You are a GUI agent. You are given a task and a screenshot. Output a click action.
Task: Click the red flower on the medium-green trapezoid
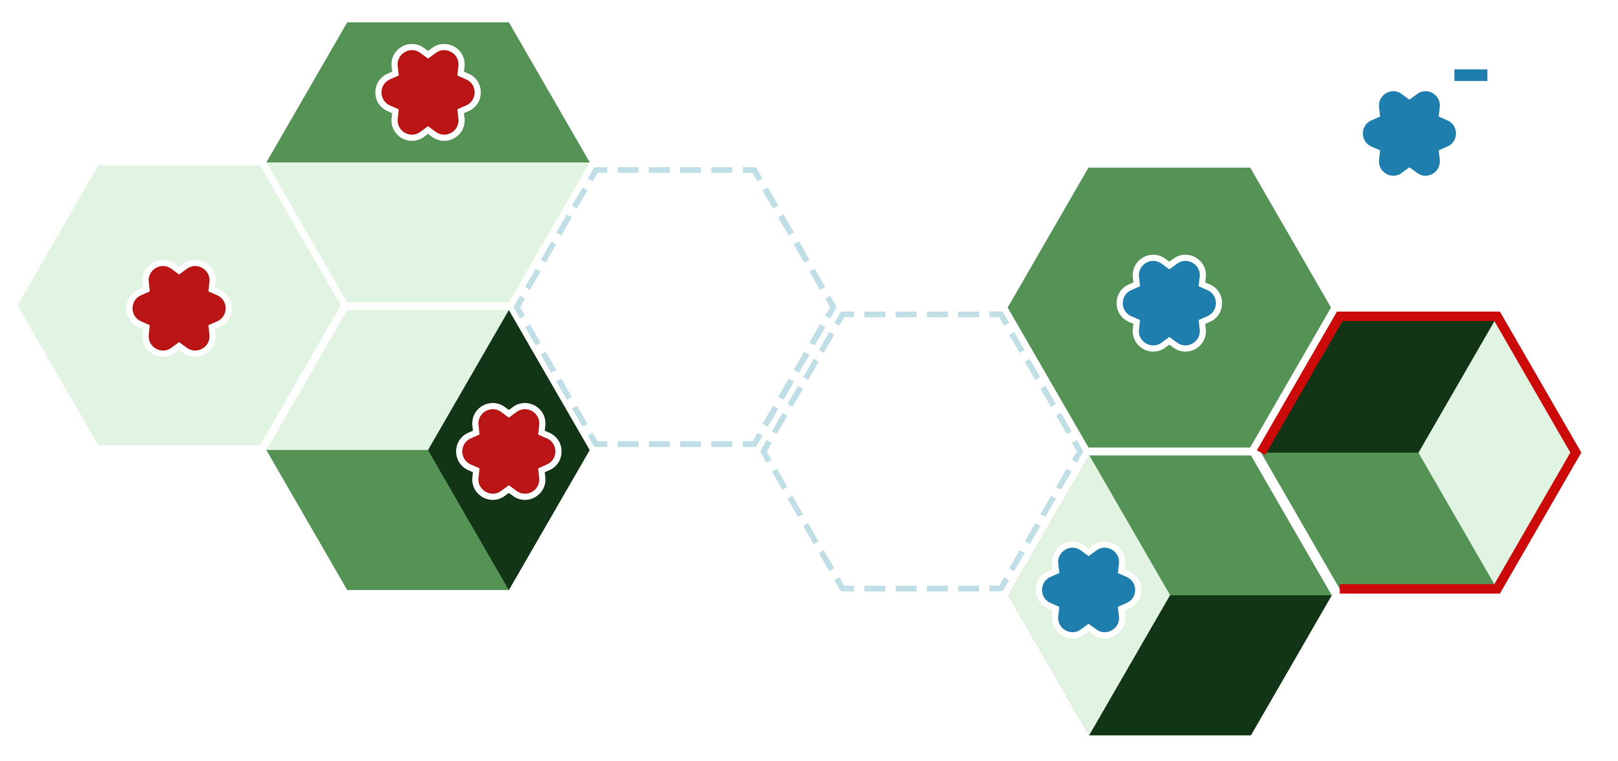pyautogui.click(x=428, y=92)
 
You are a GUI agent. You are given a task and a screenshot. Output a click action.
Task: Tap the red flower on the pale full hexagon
pyautogui.click(x=179, y=308)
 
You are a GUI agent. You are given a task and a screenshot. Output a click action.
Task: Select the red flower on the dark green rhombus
pyautogui.click(x=509, y=451)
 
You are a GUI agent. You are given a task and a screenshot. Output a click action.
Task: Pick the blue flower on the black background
pyautogui.click(x=1409, y=133)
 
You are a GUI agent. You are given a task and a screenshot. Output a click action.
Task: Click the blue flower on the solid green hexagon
pyautogui.click(x=1169, y=303)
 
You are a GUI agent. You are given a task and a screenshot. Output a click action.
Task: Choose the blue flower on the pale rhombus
pyautogui.click(x=1088, y=590)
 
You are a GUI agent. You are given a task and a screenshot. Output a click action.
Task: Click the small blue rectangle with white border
pyautogui.click(x=1470, y=75)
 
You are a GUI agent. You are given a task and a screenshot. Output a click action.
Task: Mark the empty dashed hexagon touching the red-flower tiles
pyautogui.click(x=675, y=306)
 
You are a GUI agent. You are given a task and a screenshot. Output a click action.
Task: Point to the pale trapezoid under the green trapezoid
pyautogui.click(x=428, y=233)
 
